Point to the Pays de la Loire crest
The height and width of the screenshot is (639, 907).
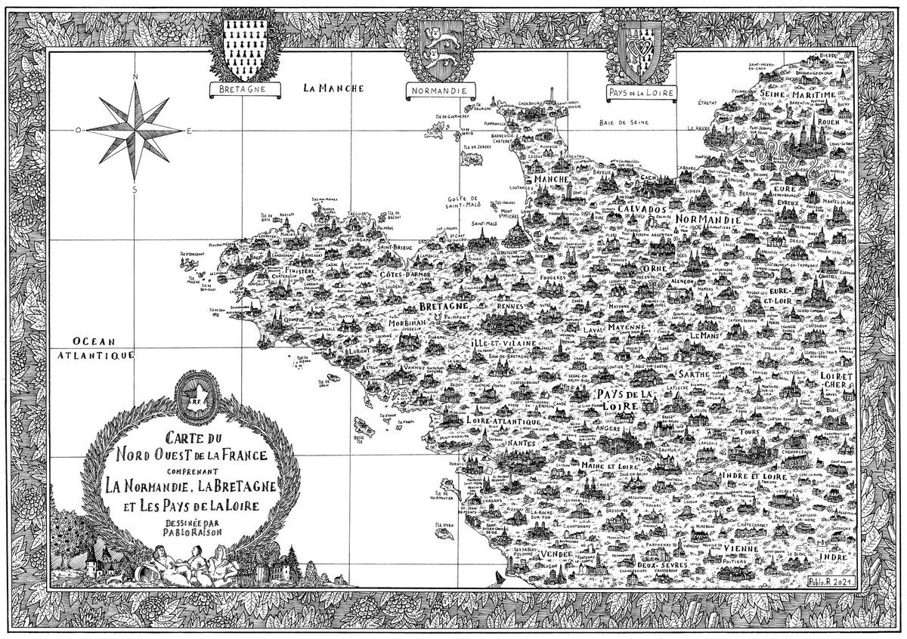pyautogui.click(x=639, y=48)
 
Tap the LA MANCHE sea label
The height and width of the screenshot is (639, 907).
pyautogui.click(x=333, y=88)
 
